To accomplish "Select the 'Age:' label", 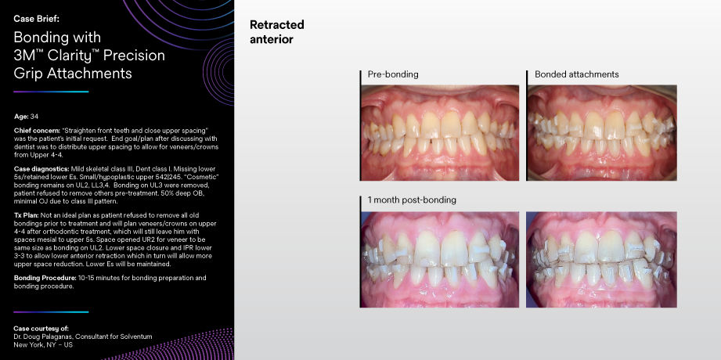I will click(x=21, y=116).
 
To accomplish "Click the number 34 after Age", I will click(x=34, y=116).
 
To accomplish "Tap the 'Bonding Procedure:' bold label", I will click(x=44, y=278).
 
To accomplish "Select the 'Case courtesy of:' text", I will click(x=41, y=327).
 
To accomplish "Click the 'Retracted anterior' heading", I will click(x=276, y=32).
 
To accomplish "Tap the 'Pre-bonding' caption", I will click(x=392, y=74).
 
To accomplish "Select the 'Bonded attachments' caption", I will click(x=576, y=74).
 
